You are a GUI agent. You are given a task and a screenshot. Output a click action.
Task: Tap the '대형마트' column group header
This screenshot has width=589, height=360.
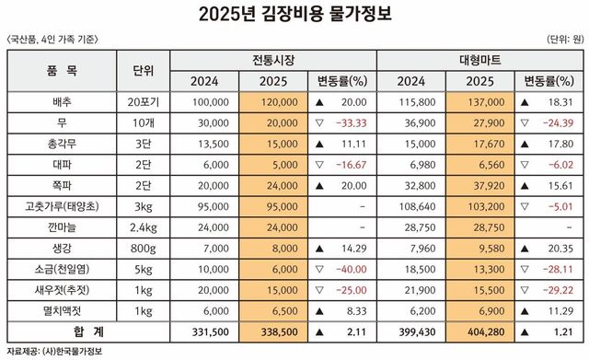coord(479,60)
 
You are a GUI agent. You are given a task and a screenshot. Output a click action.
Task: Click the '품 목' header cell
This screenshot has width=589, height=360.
coord(61,70)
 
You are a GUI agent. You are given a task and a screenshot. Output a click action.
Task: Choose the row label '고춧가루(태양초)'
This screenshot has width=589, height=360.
coord(61,204)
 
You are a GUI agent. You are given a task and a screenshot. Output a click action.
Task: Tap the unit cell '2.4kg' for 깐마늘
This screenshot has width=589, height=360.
coord(144,225)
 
